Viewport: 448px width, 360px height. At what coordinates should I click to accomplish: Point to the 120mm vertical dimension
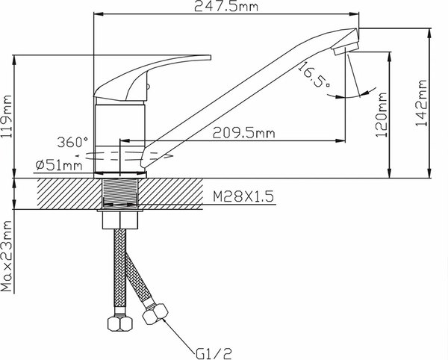[x=382, y=115]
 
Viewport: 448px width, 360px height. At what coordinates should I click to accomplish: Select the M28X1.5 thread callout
[x=244, y=196]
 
